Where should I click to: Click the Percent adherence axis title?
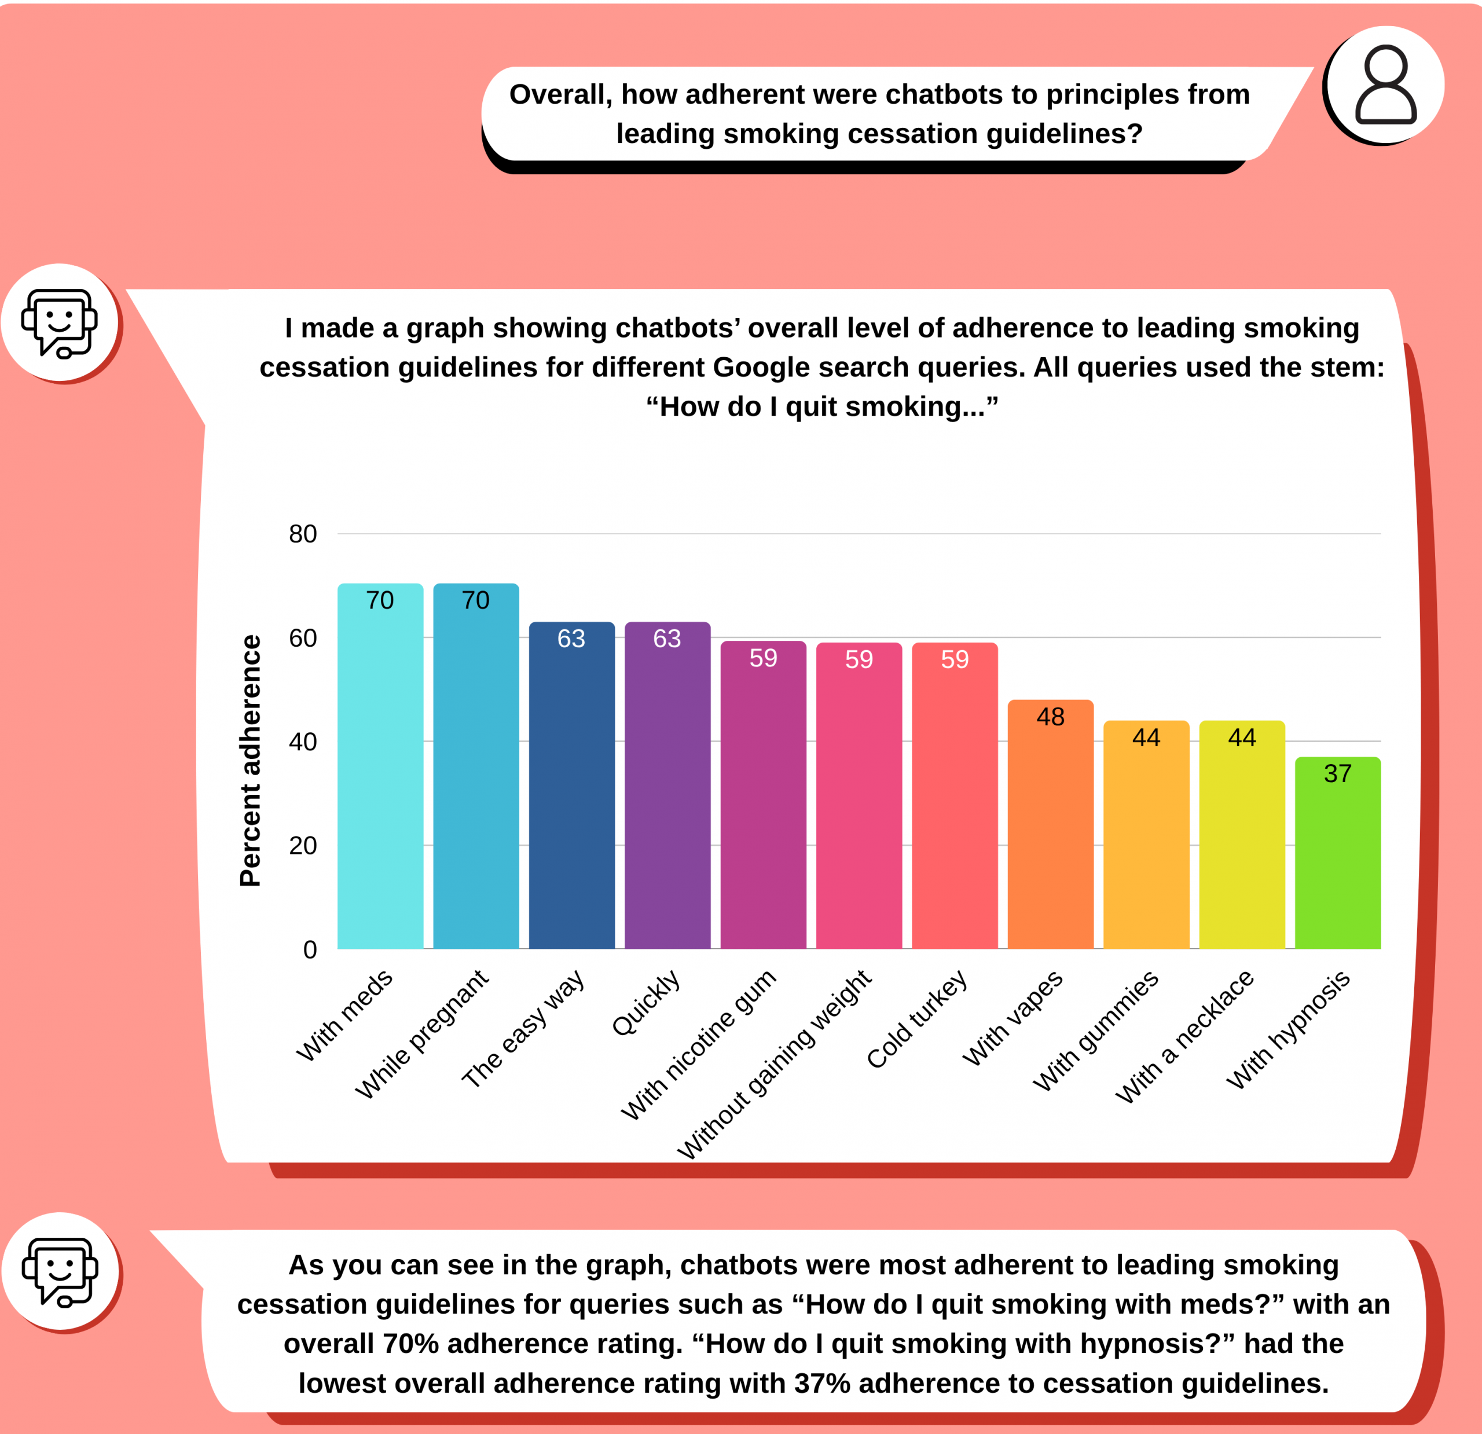point(250,760)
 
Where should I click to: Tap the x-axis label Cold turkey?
point(917,1019)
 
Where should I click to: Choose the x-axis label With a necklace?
point(1185,1036)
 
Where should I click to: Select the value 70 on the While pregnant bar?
point(476,600)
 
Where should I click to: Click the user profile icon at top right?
point(1385,85)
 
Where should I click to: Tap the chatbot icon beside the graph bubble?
point(60,323)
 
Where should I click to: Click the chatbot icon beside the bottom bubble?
point(60,1272)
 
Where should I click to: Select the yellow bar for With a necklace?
point(1242,839)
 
